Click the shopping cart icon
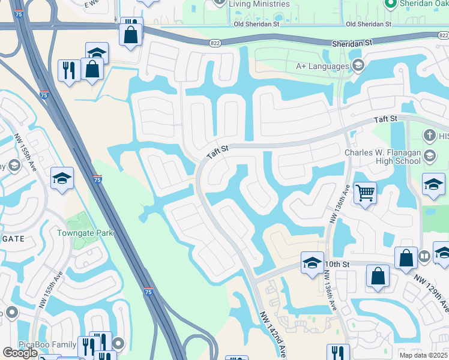pyautogui.click(x=365, y=193)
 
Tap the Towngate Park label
pyautogui.click(x=83, y=233)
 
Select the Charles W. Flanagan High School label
pyautogui.click(x=382, y=157)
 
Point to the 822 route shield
pyautogui.click(x=215, y=43)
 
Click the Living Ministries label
pyautogui.click(x=259, y=4)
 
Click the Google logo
pyautogui.click(x=19, y=353)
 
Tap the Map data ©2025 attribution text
pyautogui.click(x=424, y=355)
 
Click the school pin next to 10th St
pyautogui.click(x=312, y=263)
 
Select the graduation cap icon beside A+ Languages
pyautogui.click(x=358, y=65)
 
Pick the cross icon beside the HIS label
pyautogui.click(x=430, y=136)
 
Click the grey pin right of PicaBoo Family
pyautogui.click(x=119, y=344)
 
